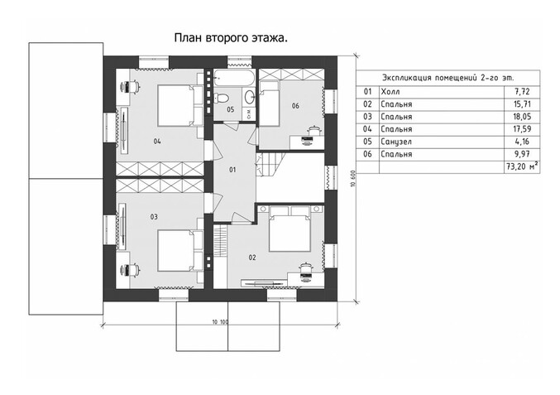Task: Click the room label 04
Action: pos(157,142)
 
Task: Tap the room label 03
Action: pos(154,217)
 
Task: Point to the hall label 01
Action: pos(232,170)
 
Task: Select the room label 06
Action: pos(295,106)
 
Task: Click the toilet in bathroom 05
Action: pos(223,97)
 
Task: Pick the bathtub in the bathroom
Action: pos(234,78)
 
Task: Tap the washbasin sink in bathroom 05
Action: pos(249,97)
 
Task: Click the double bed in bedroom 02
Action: pos(290,229)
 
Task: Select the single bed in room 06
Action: pos(269,104)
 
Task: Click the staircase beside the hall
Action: pos(271,165)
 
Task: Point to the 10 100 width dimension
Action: pos(220,322)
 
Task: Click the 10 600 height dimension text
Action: pos(353,179)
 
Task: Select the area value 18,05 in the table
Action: pos(523,117)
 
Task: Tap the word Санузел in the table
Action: pos(396,142)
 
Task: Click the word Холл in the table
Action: pos(390,92)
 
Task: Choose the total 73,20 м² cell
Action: pos(522,167)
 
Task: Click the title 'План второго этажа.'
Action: pos(231,38)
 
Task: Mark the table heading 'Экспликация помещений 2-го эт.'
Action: pos(448,78)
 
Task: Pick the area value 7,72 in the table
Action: pos(523,92)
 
